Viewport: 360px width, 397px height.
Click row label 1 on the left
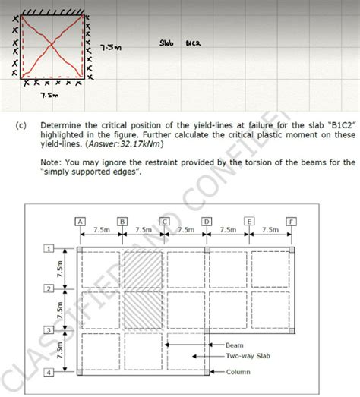(48, 248)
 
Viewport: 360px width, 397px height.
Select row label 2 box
(48, 290)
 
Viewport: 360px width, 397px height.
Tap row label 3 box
(48, 330)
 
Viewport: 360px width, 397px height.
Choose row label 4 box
(48, 372)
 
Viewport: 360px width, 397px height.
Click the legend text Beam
(235, 345)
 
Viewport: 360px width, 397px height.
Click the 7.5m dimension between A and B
(100, 228)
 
